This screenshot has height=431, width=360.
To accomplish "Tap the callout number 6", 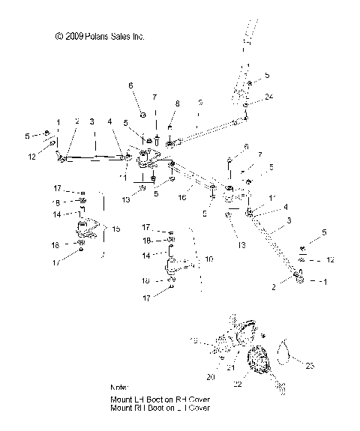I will (x=131, y=86).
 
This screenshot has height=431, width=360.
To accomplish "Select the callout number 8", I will (x=177, y=104).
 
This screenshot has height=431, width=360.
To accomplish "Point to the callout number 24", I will (x=268, y=97).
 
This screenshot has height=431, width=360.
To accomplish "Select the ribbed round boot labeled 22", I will (x=257, y=358).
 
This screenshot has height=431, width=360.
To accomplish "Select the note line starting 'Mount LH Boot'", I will (x=160, y=400).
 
